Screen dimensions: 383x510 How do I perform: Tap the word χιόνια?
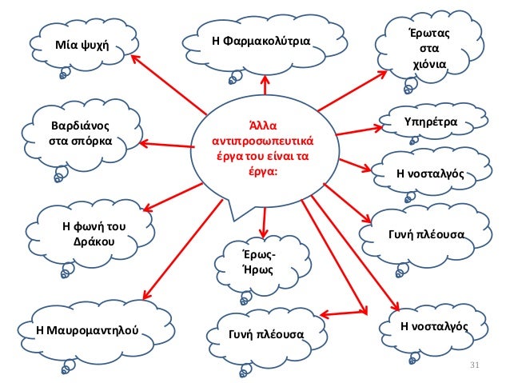click(x=429, y=63)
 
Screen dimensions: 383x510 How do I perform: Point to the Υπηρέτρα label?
click(x=431, y=122)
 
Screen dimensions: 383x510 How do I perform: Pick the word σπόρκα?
click(x=94, y=142)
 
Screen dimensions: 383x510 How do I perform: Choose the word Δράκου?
click(x=94, y=241)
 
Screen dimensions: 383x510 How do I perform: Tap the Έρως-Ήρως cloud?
click(x=258, y=262)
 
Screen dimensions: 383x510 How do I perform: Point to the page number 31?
click(x=472, y=366)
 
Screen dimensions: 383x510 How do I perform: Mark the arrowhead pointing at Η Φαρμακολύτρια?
click(x=265, y=78)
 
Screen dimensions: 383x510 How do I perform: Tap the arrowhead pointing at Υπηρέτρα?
click(x=385, y=126)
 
